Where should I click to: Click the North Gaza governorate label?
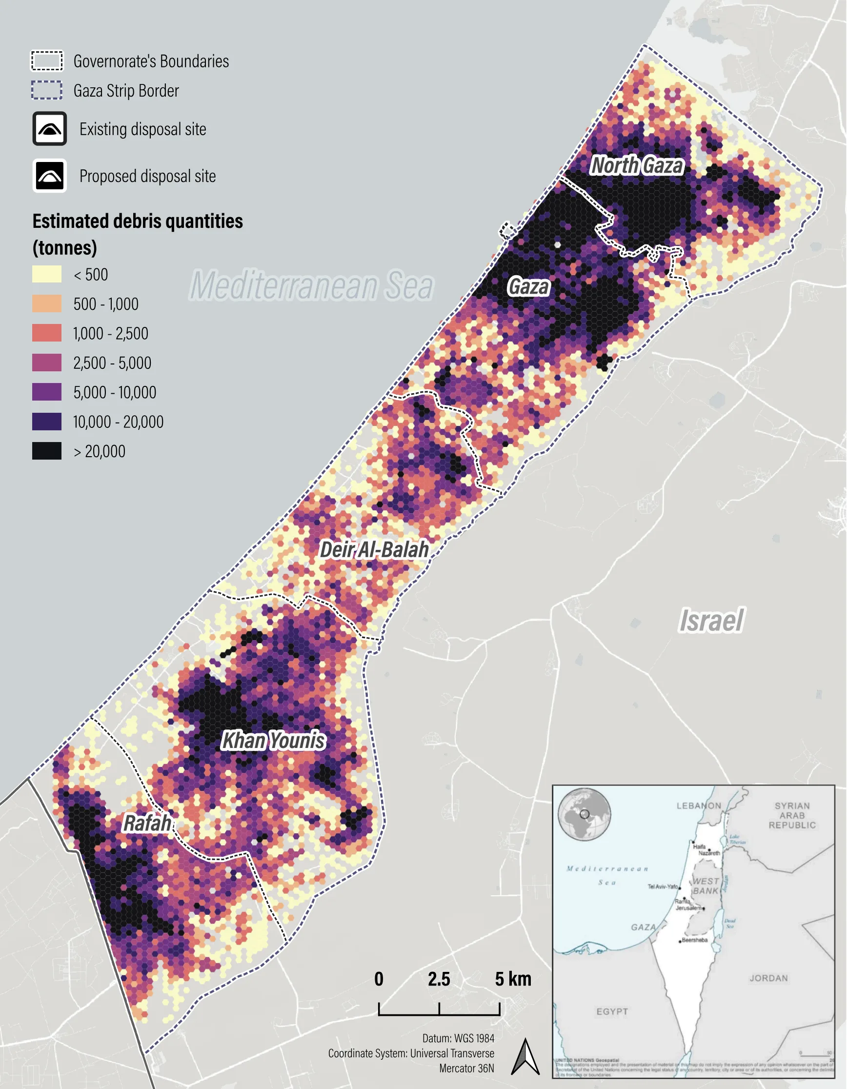click(637, 165)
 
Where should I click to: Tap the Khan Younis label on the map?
click(273, 741)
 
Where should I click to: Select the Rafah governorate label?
click(147, 823)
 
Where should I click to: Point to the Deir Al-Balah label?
click(374, 549)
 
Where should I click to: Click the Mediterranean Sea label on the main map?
click(312, 286)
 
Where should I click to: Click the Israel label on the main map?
click(711, 620)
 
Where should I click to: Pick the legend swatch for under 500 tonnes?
click(47, 274)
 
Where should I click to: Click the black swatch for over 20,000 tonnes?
click(47, 451)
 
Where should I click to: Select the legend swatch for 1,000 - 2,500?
click(47, 333)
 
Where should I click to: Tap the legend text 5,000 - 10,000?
click(115, 392)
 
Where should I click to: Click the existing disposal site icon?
click(50, 129)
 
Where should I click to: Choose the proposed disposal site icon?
click(50, 176)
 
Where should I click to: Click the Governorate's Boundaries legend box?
click(47, 61)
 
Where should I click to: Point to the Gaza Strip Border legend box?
click(47, 90)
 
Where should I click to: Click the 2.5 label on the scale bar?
click(439, 979)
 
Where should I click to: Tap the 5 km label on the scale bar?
click(513, 979)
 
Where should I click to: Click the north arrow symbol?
click(525, 1057)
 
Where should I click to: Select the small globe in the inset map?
click(585, 814)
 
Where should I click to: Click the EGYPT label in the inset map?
click(612, 1011)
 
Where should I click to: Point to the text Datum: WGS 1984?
click(458, 1038)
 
